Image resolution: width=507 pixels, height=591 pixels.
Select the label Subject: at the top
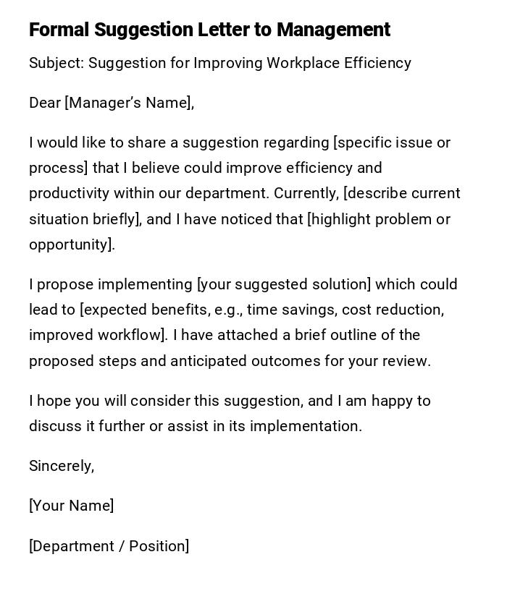[x=56, y=63]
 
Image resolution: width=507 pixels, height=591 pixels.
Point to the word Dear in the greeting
[x=45, y=103]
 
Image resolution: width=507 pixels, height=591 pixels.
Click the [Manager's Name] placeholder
[x=130, y=103]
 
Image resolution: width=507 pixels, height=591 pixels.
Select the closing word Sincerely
[x=61, y=466]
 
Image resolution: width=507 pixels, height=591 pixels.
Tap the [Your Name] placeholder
[x=71, y=506]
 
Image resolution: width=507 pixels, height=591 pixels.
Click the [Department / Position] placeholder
[x=109, y=546]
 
